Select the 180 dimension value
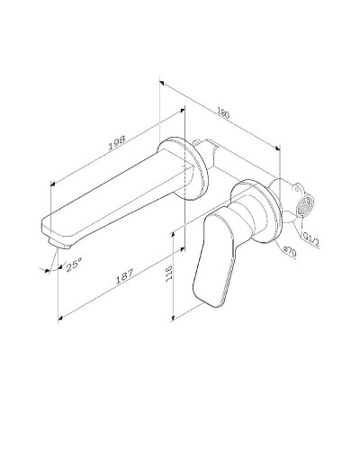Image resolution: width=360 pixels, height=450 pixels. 223,114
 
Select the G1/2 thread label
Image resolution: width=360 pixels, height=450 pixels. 311,238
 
